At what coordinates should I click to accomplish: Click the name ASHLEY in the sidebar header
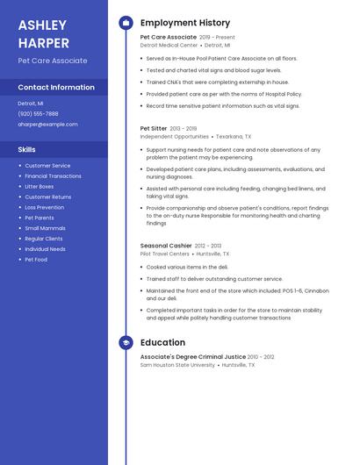pyautogui.click(x=42, y=25)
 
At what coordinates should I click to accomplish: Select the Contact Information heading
pyautogui.click(x=56, y=88)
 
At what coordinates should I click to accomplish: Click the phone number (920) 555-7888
pyautogui.click(x=38, y=113)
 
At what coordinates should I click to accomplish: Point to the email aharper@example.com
pyautogui.click(x=47, y=124)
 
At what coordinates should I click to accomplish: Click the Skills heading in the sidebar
pyautogui.click(x=27, y=149)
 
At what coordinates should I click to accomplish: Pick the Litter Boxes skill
pyautogui.click(x=39, y=187)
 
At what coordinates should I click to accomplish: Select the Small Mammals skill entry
pyautogui.click(x=45, y=228)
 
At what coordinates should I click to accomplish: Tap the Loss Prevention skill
pyautogui.click(x=44, y=207)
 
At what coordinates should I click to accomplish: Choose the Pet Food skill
pyautogui.click(x=35, y=260)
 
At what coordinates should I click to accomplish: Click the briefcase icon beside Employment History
pyautogui.click(x=126, y=23)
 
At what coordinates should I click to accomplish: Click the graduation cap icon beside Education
pyautogui.click(x=126, y=342)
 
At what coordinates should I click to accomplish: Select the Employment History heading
pyautogui.click(x=185, y=23)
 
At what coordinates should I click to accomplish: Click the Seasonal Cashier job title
pyautogui.click(x=166, y=246)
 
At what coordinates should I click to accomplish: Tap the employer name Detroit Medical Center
pyautogui.click(x=169, y=45)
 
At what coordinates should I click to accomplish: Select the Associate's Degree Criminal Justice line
pyautogui.click(x=192, y=357)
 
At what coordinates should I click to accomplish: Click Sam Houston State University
pyautogui.click(x=177, y=365)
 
